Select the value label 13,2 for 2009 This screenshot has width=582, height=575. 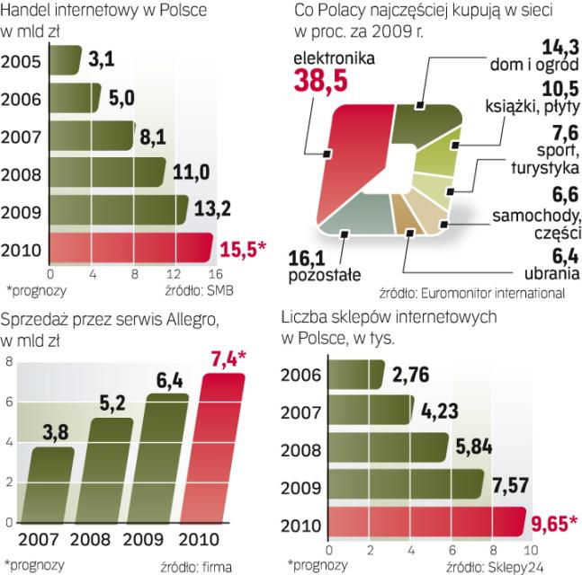click(211, 209)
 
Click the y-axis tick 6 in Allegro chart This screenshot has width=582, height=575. click(8, 402)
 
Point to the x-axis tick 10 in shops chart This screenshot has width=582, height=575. click(530, 549)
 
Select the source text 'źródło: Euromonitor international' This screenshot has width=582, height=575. click(471, 292)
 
